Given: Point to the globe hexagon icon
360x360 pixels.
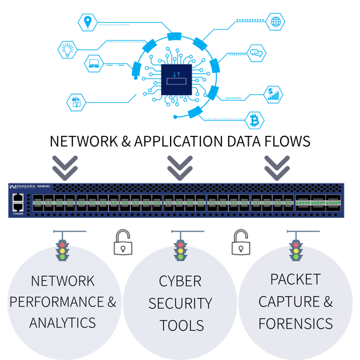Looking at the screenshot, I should coord(276,22).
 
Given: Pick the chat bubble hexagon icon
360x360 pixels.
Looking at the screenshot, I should coord(256,53).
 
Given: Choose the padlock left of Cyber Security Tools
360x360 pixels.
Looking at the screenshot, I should coord(121,244).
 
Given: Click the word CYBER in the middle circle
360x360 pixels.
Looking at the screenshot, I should coord(180,281).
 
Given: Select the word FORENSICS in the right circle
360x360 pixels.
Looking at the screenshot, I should coord(295,323).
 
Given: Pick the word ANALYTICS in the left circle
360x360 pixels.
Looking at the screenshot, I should coord(63,322).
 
